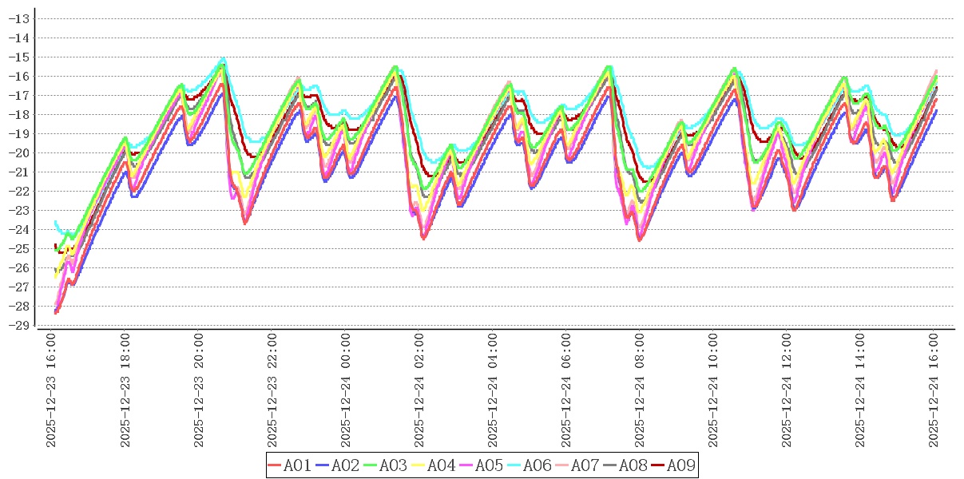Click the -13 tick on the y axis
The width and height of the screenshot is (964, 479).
click(x=21, y=18)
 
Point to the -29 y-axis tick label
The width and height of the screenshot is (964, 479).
click(x=21, y=325)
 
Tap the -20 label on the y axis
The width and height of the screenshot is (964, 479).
click(x=21, y=152)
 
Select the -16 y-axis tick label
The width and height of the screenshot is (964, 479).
click(x=21, y=76)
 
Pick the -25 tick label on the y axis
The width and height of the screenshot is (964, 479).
click(x=21, y=248)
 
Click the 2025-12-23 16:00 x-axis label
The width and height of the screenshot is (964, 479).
click(x=51, y=390)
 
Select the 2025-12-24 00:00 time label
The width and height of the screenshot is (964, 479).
click(x=346, y=390)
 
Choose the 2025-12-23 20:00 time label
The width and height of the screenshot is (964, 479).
click(x=199, y=390)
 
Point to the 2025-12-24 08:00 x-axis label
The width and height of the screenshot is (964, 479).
click(x=641, y=390)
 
